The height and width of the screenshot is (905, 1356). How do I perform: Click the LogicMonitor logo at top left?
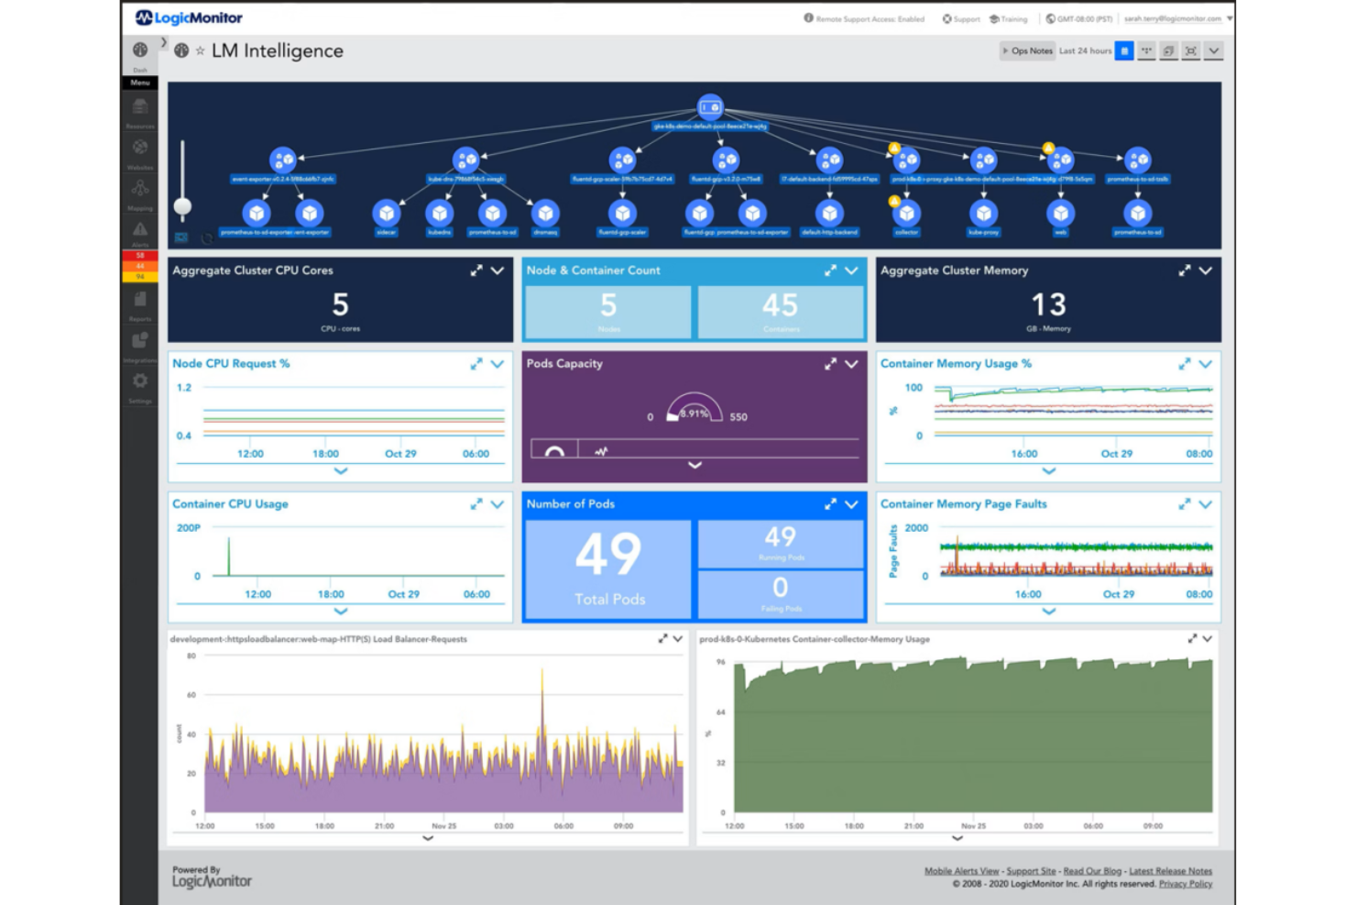[x=189, y=17]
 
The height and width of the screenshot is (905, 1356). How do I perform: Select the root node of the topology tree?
[x=710, y=107]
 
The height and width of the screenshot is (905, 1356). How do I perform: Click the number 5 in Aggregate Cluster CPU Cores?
[x=340, y=304]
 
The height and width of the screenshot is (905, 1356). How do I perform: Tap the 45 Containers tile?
[x=781, y=311]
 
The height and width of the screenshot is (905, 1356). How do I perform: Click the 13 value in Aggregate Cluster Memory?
[x=1048, y=304]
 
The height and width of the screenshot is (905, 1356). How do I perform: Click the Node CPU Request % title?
[x=231, y=364]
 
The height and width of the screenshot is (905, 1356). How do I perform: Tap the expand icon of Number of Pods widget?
[x=830, y=504]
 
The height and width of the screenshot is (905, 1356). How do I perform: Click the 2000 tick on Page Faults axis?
[x=916, y=528]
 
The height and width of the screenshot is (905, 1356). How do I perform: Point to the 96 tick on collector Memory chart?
[x=721, y=661]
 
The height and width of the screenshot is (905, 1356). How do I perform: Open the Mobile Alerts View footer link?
[x=961, y=871]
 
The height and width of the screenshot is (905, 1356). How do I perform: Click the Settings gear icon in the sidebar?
[x=140, y=381]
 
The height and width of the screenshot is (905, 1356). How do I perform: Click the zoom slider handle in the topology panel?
[x=183, y=206]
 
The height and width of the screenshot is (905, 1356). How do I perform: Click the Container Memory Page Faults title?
[x=963, y=504]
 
